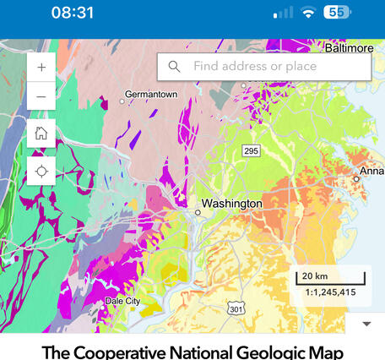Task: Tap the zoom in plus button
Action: coord(41,66)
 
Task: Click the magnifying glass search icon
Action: coord(175,67)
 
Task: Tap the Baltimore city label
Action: coord(349,48)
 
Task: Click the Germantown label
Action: coord(151,95)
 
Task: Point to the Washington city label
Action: coord(231,204)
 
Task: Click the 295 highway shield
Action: coord(251,150)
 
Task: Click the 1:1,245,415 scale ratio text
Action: coord(331,293)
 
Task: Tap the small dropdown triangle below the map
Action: coord(366,324)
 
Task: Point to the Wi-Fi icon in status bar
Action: coord(308,13)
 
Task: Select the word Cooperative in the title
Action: coord(116,352)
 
